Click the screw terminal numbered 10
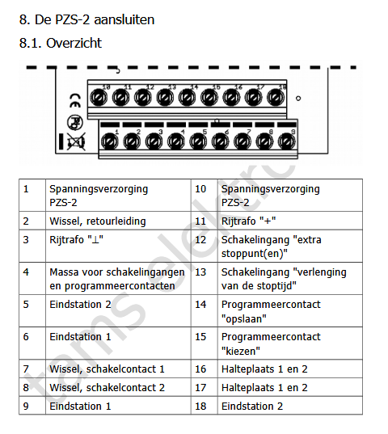(99, 98)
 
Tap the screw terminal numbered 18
(276, 98)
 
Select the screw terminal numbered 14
(187, 98)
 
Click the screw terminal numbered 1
(110, 141)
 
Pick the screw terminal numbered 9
(286, 141)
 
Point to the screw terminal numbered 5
(198, 141)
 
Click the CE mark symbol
(75, 101)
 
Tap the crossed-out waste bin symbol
(75, 142)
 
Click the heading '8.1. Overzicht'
(61, 43)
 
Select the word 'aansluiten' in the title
(124, 19)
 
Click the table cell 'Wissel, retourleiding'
(98, 221)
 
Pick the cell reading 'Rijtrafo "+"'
(248, 221)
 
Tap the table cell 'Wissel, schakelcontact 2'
(107, 387)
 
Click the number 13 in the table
(200, 272)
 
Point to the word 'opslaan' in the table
(244, 319)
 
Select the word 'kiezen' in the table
(241, 352)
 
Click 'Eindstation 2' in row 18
(252, 406)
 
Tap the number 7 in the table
(26, 369)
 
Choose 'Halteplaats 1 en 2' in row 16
(264, 369)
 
